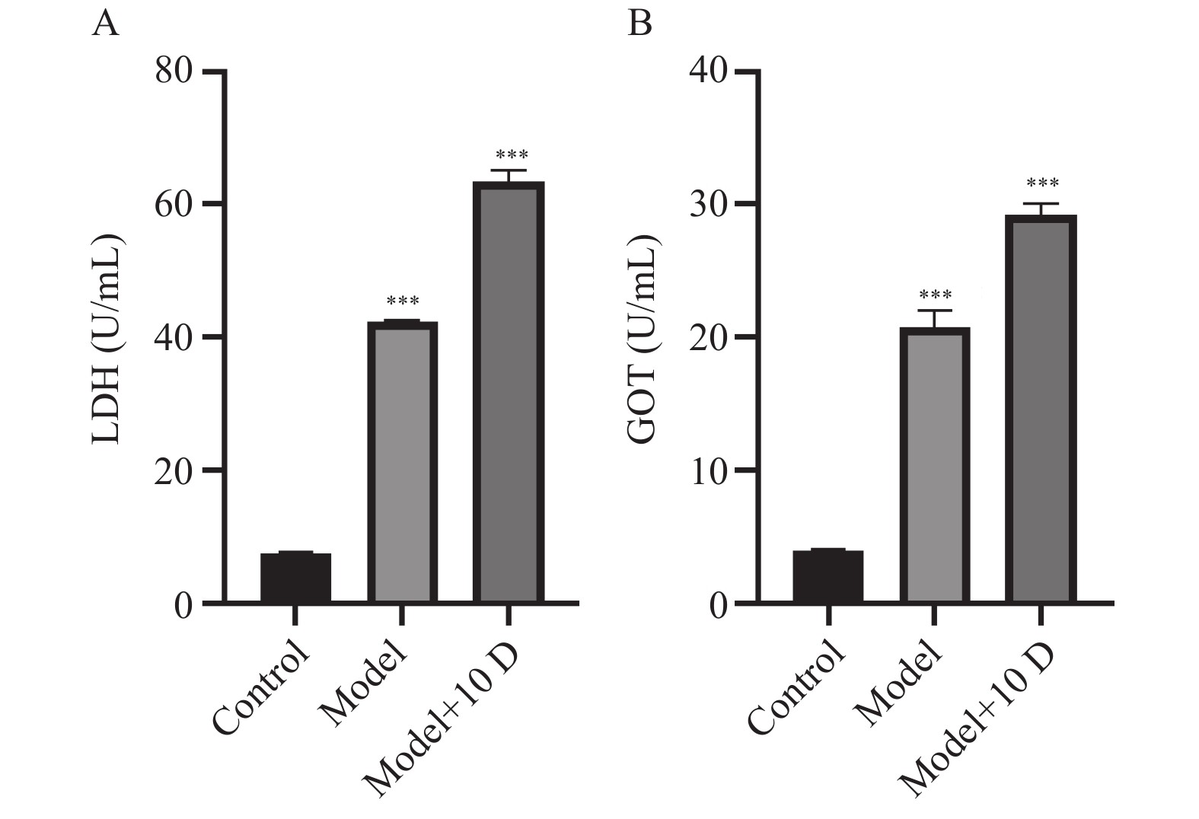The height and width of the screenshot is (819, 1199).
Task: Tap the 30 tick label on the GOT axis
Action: click(x=708, y=204)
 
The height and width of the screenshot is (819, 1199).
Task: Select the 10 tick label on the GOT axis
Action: click(x=708, y=470)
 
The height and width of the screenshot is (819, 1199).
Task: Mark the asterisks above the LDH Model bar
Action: click(x=403, y=301)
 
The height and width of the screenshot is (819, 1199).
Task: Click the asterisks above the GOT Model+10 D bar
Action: click(x=1042, y=184)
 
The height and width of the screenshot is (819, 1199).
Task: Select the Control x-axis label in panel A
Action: click(x=263, y=690)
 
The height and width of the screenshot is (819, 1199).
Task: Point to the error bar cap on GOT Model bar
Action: click(x=935, y=311)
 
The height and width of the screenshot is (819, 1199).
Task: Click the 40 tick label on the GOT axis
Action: click(x=708, y=72)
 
